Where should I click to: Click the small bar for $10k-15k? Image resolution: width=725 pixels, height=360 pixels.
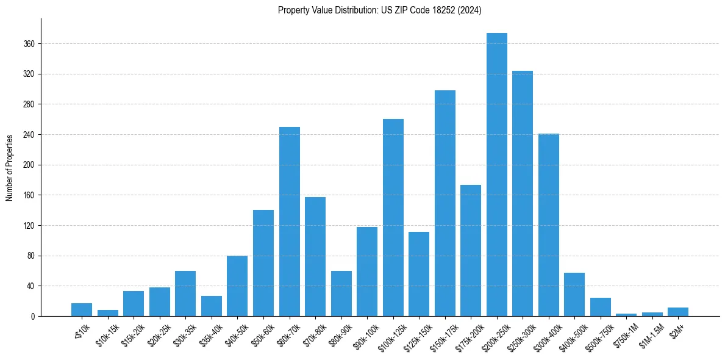click(108, 313)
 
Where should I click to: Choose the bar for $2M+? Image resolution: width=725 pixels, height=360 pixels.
click(677, 312)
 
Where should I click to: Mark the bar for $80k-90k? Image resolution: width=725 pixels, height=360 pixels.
click(341, 293)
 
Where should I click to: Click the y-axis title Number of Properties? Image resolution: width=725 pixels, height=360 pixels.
click(9, 167)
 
